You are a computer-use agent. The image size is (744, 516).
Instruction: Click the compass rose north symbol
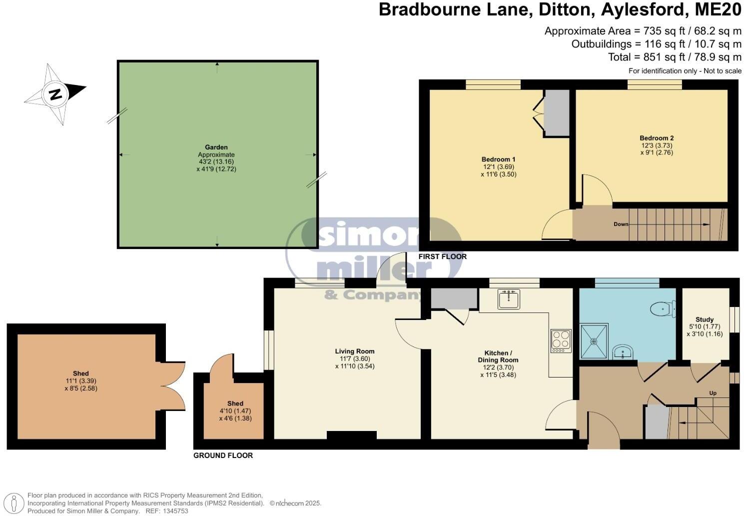pyautogui.click(x=55, y=94)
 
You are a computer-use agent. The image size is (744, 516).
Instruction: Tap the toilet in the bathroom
pyautogui.click(x=664, y=309)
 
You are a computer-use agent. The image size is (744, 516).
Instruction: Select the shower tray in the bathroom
pyautogui.click(x=594, y=341)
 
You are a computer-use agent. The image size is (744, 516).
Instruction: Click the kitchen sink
pyautogui.click(x=509, y=299)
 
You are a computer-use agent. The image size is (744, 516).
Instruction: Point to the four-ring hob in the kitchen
pyautogui.click(x=561, y=340)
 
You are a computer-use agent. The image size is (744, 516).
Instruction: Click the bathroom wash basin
pyautogui.click(x=622, y=352)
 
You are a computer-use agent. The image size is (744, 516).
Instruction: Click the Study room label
pyautogui.click(x=705, y=319)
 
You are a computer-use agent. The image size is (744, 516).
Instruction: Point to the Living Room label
pyautogui.click(x=354, y=351)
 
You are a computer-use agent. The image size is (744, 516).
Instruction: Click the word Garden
pyautogui.click(x=216, y=147)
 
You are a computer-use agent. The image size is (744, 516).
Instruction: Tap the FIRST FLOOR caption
pyautogui.click(x=442, y=256)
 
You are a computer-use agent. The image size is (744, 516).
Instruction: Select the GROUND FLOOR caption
pyautogui.click(x=223, y=455)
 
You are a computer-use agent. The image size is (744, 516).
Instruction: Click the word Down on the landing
pyautogui.click(x=621, y=224)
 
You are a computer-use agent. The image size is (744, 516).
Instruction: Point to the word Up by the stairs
pyautogui.click(x=713, y=393)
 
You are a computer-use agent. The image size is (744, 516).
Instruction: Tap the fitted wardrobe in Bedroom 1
pyautogui.click(x=556, y=112)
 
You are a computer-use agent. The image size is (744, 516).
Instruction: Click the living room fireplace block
pyautogui.click(x=352, y=435)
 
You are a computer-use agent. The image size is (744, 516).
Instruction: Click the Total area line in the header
pyautogui.click(x=674, y=57)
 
